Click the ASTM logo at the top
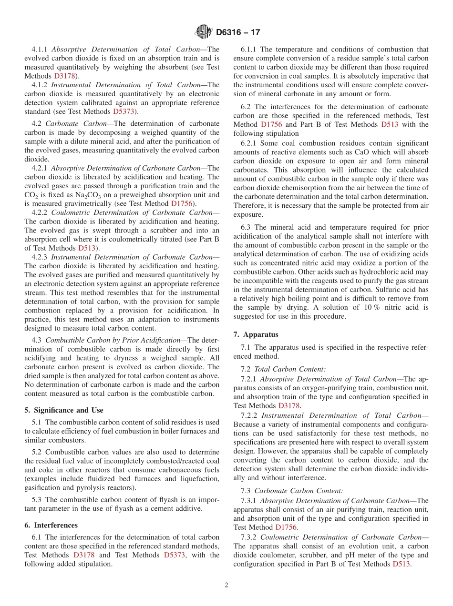click(204, 32)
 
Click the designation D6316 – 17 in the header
click(238, 32)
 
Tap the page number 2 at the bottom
click(226, 586)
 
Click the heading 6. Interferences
click(51, 525)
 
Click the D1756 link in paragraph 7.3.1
click(286, 527)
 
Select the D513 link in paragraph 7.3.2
click(402, 564)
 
